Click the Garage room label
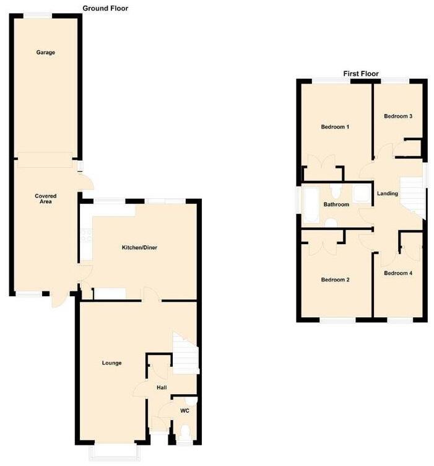coord(45,53)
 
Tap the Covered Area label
coord(45,199)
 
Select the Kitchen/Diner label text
coord(139,248)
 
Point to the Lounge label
coord(112,363)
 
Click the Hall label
coord(161,387)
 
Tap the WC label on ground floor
coord(184,411)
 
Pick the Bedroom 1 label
coord(335,127)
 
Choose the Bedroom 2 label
coord(335,279)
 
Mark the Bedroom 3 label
coord(398,116)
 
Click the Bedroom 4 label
coord(397,273)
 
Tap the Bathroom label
coord(336,204)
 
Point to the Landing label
coord(388,194)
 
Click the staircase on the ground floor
coord(186,353)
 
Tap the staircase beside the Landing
coord(413,197)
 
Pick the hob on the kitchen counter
coord(86,236)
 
